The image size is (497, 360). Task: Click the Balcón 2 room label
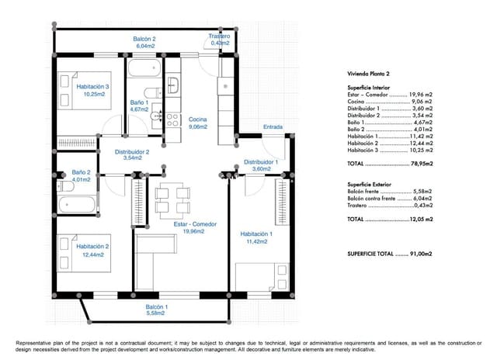[x=144, y=43]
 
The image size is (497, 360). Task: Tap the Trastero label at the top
[x=220, y=40]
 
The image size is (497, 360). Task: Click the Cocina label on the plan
[x=197, y=123]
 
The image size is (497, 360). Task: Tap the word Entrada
[x=273, y=126]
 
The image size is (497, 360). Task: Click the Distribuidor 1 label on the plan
[x=261, y=165]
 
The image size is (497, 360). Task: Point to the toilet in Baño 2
[x=63, y=187]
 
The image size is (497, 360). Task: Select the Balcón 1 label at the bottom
[x=156, y=310]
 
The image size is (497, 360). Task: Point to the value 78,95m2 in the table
[x=421, y=165]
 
